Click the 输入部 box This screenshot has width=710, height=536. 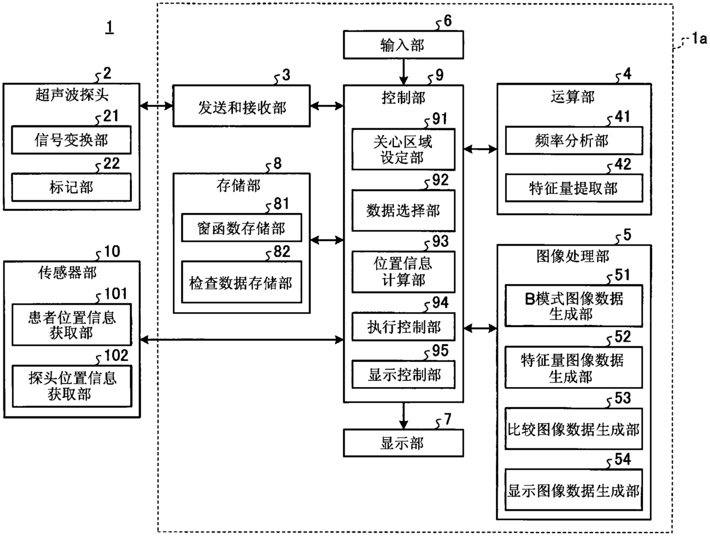tap(403, 45)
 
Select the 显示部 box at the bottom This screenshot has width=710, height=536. tap(403, 443)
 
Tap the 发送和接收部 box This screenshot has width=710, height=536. tap(241, 106)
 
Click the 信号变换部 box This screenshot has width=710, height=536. tap(72, 140)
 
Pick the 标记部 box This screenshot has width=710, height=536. tap(72, 187)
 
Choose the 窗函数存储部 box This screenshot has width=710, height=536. tap(241, 227)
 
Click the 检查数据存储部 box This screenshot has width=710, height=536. tap(241, 282)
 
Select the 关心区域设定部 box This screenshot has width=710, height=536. tap(403, 149)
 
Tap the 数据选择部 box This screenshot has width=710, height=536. tap(403, 211)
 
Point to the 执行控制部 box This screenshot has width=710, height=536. tap(403, 327)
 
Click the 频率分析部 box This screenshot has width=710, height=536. tap(574, 141)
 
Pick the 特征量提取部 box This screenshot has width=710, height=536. tap(574, 188)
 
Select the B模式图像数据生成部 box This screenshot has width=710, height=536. tap(574, 306)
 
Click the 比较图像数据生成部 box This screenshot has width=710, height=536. tap(574, 428)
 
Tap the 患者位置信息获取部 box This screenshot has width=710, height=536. tap(72, 325)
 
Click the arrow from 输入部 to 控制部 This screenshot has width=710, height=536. tap(403, 72)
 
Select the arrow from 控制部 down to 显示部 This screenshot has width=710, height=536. tap(403, 416)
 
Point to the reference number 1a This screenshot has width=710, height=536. tap(699, 39)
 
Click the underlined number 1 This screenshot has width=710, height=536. tap(110, 26)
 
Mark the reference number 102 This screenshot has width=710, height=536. tap(116, 355)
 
